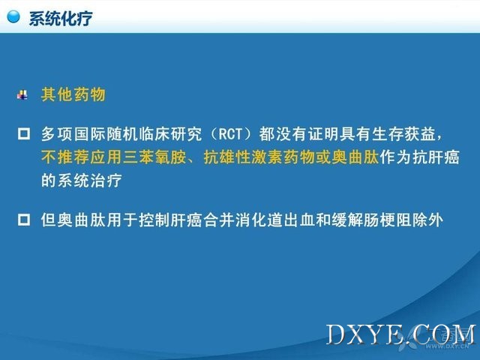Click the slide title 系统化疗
point(61,18)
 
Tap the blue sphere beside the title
point(13,16)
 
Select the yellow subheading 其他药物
point(73,94)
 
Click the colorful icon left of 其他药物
point(22,94)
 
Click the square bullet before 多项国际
point(24,134)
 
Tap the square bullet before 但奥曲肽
point(24,220)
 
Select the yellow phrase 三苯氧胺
point(154,157)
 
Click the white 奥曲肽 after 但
point(82,220)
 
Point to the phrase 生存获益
point(403,134)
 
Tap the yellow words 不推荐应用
point(82,157)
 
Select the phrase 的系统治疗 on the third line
point(82,180)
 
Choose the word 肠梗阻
point(388,220)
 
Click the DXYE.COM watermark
point(401,334)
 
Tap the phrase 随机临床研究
point(154,134)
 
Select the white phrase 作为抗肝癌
point(419,157)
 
